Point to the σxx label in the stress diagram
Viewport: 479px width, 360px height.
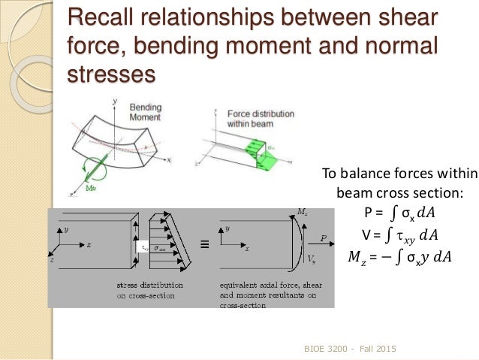coord(160,246)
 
